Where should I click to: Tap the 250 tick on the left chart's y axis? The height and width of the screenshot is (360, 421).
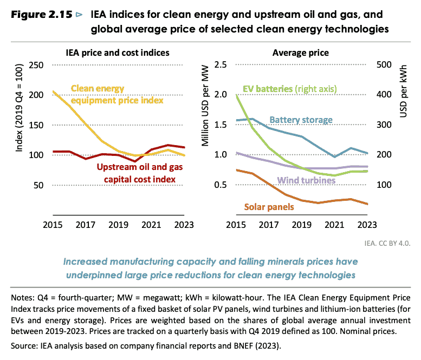tap(36, 65)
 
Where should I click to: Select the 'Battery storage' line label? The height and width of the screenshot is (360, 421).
tap(308, 120)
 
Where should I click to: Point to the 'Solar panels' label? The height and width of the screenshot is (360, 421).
tap(269, 207)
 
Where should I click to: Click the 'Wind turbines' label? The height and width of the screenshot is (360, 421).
tap(306, 180)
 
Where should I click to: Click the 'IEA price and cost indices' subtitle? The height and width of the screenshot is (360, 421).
tap(114, 53)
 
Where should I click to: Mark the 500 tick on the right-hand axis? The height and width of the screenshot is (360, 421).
tap(383, 65)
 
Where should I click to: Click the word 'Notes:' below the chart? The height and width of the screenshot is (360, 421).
tap(23, 298)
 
